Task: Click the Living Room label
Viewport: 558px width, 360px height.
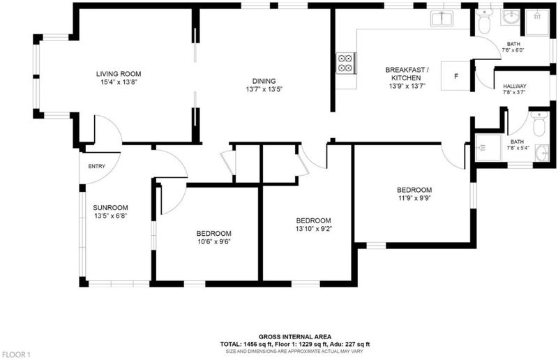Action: pyautogui.click(x=119, y=74)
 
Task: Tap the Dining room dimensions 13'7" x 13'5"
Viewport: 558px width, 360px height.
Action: pyautogui.click(x=264, y=89)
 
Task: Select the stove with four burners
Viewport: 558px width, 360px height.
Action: pyautogui.click(x=346, y=63)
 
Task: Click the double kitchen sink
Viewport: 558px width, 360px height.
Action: pyautogui.click(x=442, y=19)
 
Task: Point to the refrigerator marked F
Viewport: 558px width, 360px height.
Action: pyautogui.click(x=456, y=76)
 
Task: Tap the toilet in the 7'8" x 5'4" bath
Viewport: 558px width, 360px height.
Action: pyautogui.click(x=539, y=123)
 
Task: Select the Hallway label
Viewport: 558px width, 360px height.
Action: pyautogui.click(x=515, y=87)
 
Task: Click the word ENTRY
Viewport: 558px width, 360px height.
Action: pyautogui.click(x=97, y=166)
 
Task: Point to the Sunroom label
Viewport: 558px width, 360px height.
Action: pyautogui.click(x=110, y=208)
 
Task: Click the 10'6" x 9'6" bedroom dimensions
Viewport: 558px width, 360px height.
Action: pyautogui.click(x=214, y=242)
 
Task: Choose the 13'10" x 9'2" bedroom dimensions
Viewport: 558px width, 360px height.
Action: pyautogui.click(x=313, y=229)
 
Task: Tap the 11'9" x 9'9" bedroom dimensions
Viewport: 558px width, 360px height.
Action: pyautogui.click(x=414, y=198)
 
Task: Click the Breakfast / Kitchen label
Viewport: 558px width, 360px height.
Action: pyautogui.click(x=407, y=74)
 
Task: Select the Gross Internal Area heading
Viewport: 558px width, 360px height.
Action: pyautogui.click(x=295, y=336)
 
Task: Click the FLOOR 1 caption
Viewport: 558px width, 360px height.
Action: pyautogui.click(x=16, y=354)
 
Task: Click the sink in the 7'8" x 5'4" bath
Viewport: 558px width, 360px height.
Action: pyautogui.click(x=542, y=153)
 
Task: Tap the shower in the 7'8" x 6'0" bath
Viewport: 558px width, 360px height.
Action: pyautogui.click(x=537, y=22)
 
